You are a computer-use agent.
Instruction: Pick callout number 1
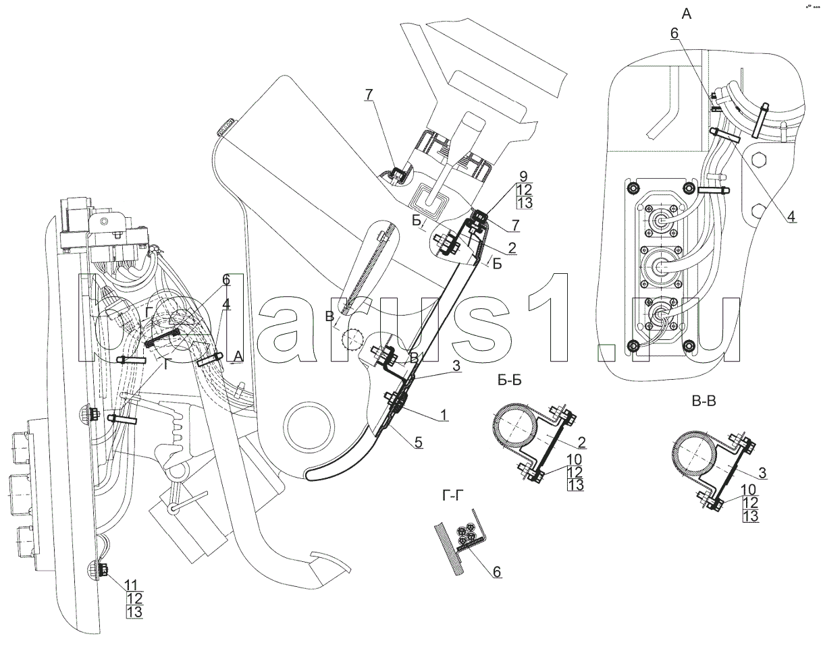[x=443, y=417]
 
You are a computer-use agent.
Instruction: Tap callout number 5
[x=419, y=443]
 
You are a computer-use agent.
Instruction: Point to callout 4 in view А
[x=790, y=217]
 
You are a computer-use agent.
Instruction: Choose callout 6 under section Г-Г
[x=497, y=571]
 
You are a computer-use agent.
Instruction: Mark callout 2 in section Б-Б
[x=581, y=443]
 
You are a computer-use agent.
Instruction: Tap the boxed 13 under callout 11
[x=134, y=612]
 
